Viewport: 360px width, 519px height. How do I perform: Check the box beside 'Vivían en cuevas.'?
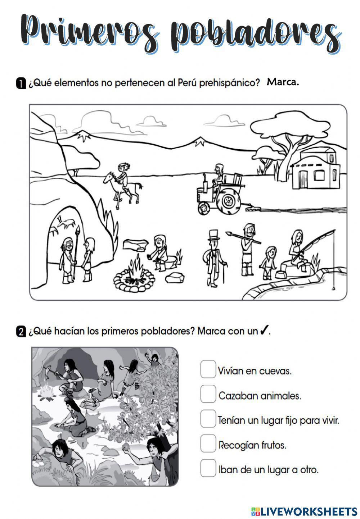(x=208, y=370)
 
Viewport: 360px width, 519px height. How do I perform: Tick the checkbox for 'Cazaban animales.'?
(x=208, y=395)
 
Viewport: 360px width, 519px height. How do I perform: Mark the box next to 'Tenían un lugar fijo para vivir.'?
(x=208, y=419)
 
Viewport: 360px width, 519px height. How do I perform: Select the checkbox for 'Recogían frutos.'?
(x=208, y=444)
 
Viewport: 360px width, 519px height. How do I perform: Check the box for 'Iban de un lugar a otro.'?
(x=208, y=469)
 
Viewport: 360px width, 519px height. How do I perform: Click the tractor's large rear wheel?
(x=228, y=200)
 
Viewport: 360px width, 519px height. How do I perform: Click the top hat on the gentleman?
(x=213, y=234)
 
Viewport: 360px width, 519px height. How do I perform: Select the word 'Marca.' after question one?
(x=283, y=82)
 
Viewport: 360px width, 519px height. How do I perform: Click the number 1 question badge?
(x=21, y=83)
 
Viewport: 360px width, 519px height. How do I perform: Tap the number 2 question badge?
(x=21, y=331)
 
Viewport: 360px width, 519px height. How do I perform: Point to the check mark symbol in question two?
(x=264, y=330)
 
